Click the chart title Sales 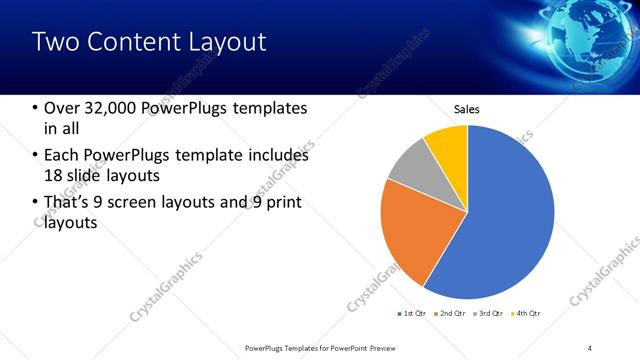pos(467,109)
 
